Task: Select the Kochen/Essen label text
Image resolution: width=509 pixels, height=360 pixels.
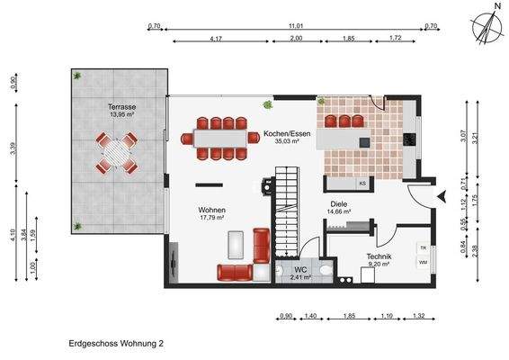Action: pyautogui.click(x=284, y=135)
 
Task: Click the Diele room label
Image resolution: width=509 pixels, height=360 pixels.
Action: pyautogui.click(x=338, y=206)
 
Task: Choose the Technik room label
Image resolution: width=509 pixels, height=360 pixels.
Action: pyautogui.click(x=379, y=258)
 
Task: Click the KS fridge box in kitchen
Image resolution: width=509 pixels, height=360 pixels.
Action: pyautogui.click(x=362, y=184)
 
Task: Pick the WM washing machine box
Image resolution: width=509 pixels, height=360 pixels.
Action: pyautogui.click(x=422, y=262)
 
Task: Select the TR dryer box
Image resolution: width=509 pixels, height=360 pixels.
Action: pyautogui.click(x=422, y=247)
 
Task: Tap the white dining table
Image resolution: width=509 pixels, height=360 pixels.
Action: pyautogui.click(x=220, y=139)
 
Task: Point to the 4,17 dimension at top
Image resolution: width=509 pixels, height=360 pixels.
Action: pyautogui.click(x=215, y=40)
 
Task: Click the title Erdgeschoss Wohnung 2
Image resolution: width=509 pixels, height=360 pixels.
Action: pyautogui.click(x=116, y=343)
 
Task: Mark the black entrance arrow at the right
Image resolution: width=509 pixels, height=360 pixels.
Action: pyautogui.click(x=440, y=195)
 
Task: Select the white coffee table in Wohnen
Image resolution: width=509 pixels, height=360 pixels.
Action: pyautogui.click(x=237, y=244)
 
